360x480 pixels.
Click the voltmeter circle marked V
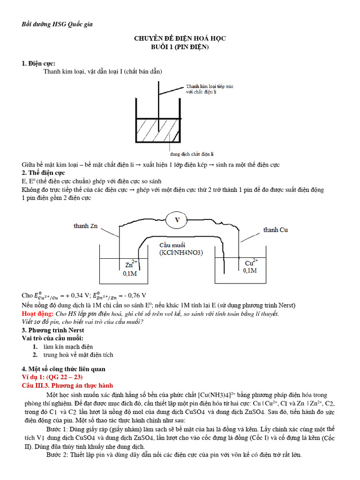pos(177,219)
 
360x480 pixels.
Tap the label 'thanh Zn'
pos(85,226)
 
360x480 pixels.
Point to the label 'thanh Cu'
pos(276,230)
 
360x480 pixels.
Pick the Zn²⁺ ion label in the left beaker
pos(131,264)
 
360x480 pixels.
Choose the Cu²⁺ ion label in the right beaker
pos(251,263)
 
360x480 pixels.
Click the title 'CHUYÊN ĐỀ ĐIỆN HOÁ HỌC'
pos(180,38)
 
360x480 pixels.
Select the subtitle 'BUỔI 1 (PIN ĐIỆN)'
pos(180,47)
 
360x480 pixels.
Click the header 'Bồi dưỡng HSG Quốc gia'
pos(58,24)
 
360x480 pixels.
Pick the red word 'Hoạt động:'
pos(37,314)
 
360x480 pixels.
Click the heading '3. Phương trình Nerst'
pos(53,330)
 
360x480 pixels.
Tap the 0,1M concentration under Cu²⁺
pos(250,271)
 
